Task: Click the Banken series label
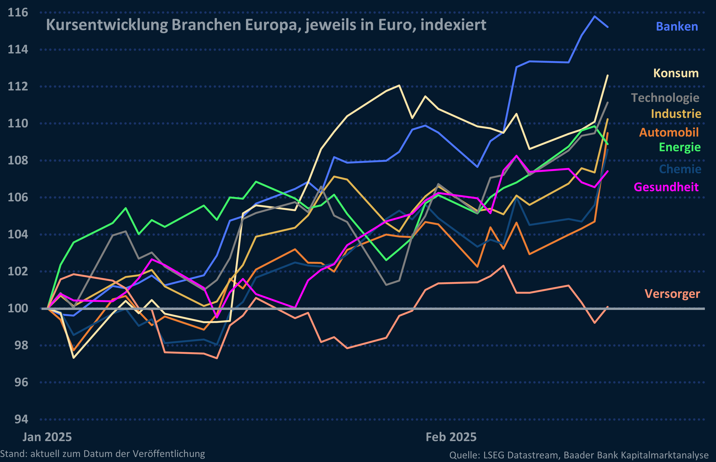click(677, 27)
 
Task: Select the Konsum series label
click(676, 73)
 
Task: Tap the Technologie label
click(665, 98)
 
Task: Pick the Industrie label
click(676, 114)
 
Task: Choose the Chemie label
click(680, 169)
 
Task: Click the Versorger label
click(672, 294)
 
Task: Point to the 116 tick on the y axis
click(18, 13)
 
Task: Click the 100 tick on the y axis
click(18, 308)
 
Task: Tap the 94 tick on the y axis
click(21, 419)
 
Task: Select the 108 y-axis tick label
click(18, 160)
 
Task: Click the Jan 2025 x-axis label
click(47, 437)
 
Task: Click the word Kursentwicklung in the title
click(107, 25)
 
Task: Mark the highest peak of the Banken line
click(594, 16)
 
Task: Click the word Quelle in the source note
click(464, 455)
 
